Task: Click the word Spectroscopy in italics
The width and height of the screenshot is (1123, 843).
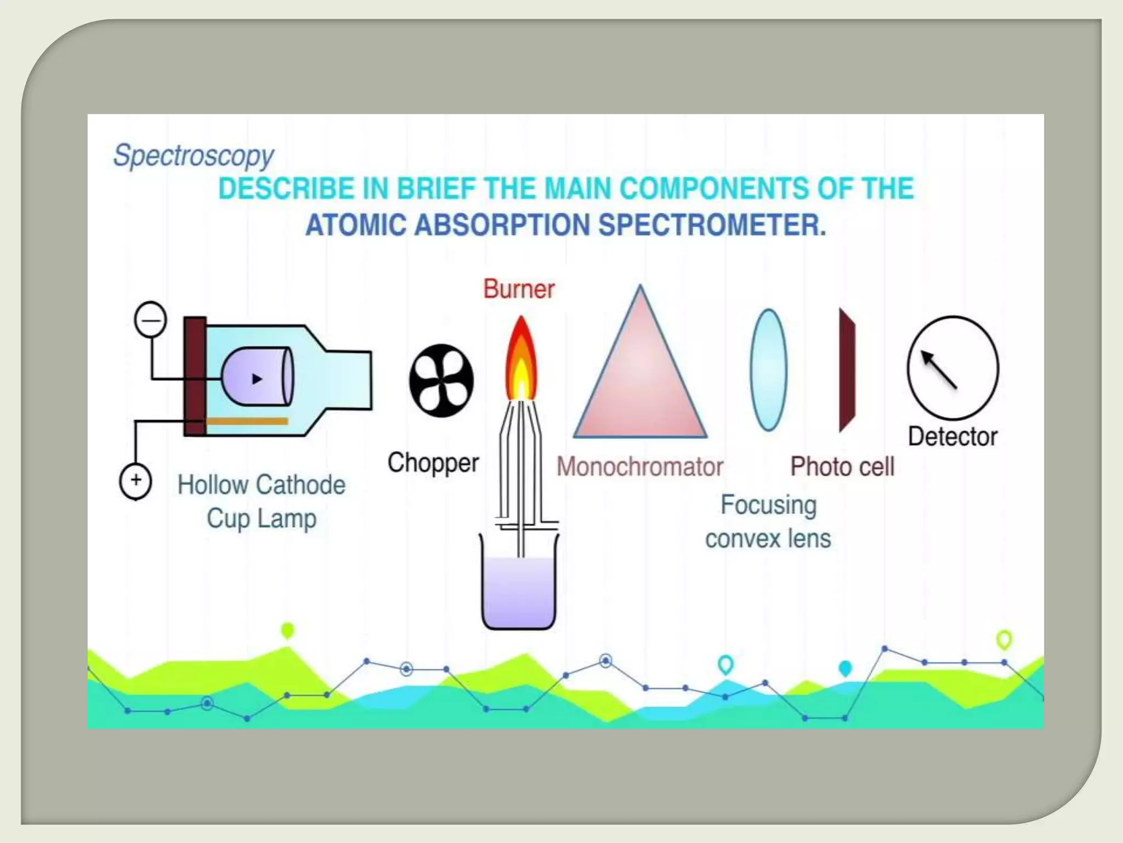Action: click(193, 156)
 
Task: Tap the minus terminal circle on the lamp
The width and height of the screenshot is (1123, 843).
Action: click(150, 319)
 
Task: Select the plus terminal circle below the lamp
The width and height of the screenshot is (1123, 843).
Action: click(135, 481)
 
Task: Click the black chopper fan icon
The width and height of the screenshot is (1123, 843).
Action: click(441, 380)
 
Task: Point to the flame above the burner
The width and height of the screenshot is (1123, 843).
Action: click(520, 359)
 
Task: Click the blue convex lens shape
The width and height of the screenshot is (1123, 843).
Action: click(768, 369)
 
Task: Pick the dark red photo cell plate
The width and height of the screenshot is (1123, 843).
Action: click(847, 370)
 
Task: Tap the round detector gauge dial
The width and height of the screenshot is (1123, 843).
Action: click(952, 368)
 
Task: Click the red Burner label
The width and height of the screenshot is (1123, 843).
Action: click(519, 289)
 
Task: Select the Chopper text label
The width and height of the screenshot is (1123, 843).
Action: click(433, 463)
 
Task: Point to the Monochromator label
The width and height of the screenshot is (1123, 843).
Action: click(640, 467)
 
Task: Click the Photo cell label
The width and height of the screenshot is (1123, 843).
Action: click(842, 467)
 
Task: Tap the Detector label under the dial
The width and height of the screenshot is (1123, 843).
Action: click(952, 437)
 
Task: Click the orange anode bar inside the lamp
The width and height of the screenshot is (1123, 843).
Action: click(247, 421)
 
